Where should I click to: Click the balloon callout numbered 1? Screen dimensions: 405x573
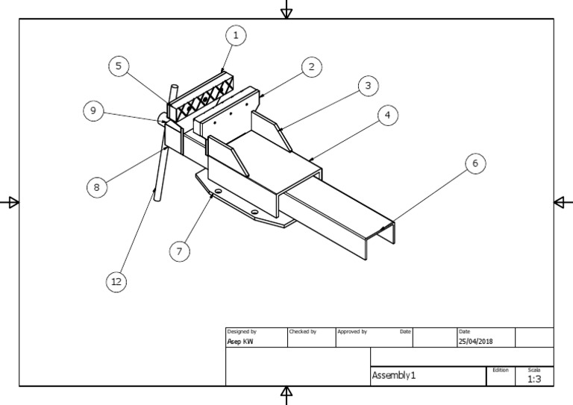(x=237, y=35)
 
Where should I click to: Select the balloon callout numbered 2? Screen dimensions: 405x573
(x=312, y=67)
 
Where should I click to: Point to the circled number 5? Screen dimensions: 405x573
(x=118, y=66)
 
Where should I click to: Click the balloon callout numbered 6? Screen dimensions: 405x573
(x=473, y=163)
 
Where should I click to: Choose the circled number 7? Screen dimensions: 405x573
(x=179, y=251)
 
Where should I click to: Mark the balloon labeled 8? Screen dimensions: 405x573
(x=96, y=187)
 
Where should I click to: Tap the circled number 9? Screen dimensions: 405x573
(x=93, y=111)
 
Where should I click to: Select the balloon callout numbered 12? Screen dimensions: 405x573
(x=116, y=281)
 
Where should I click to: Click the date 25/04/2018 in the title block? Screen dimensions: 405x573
(x=475, y=342)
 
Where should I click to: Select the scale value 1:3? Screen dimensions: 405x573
(x=534, y=379)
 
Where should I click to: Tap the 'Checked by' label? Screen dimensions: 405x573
(x=302, y=331)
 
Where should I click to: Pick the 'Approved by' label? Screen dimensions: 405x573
(x=351, y=331)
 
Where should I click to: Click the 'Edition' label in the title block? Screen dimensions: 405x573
(x=500, y=369)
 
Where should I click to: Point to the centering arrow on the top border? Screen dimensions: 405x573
(x=286, y=11)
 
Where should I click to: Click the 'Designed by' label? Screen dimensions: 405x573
(x=241, y=331)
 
